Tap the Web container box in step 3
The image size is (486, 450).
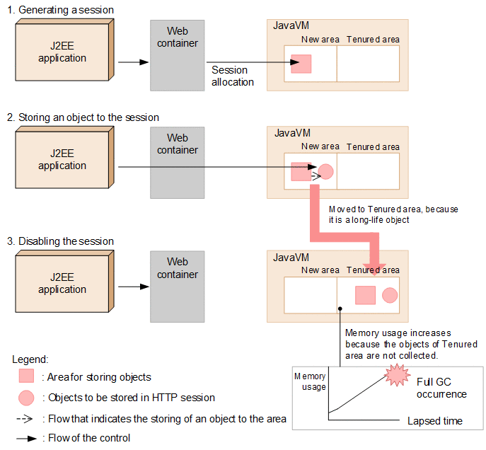click(x=178, y=286)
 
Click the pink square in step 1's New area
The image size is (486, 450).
click(x=301, y=64)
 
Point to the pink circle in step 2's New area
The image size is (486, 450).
click(x=325, y=171)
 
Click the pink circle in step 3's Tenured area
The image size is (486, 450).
click(x=390, y=295)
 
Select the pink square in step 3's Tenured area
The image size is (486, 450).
click(x=365, y=295)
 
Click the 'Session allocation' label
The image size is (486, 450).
click(x=232, y=76)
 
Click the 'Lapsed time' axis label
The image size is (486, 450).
click(x=434, y=421)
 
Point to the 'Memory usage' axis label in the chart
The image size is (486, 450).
click(x=310, y=381)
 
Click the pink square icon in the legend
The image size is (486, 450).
click(x=25, y=376)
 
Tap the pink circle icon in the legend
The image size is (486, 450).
click(x=25, y=397)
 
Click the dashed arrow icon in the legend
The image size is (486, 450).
click(x=26, y=418)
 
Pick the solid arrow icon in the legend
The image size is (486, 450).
click(x=26, y=439)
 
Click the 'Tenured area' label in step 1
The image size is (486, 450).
click(x=373, y=40)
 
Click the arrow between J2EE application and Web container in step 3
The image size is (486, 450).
click(x=132, y=287)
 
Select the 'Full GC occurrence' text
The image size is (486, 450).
click(x=441, y=388)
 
